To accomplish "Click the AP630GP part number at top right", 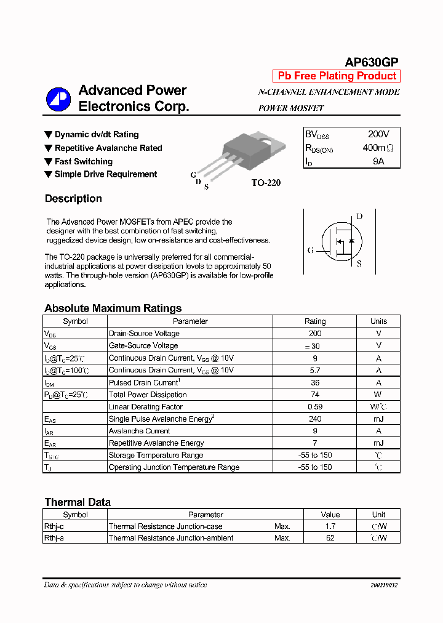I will pos(371,62).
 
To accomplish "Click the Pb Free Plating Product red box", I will pos(337,76).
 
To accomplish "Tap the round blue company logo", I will pos(59,98).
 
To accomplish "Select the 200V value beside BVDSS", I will pos(378,134).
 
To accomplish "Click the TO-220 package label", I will pos(266,183).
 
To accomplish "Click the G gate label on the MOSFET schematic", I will pos(311,251).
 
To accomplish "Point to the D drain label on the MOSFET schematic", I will pos(359,216).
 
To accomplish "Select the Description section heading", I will pos(73,198).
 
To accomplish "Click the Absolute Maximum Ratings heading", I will pos(113,308).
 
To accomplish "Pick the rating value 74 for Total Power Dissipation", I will pos(315,395).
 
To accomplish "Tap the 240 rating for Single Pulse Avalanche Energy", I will pos(315,419).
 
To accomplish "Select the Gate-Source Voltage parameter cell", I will pos(143,345).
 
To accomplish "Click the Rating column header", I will pos(315,321).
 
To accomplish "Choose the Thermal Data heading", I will pos(78,502).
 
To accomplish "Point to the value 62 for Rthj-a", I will pos(330,538).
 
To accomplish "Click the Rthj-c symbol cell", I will pos(56,526).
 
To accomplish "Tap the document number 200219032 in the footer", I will pos(384,585).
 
